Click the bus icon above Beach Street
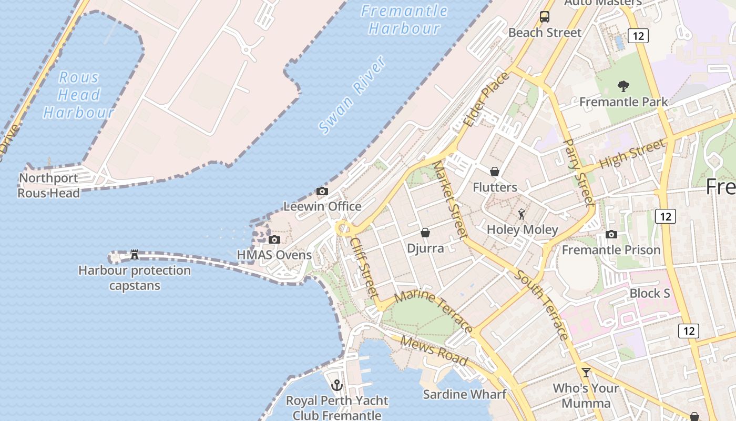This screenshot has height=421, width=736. click(545, 17)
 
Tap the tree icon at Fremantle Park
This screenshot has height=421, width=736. click(623, 86)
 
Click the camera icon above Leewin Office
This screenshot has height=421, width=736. click(322, 191)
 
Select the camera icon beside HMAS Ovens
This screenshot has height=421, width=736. click(274, 240)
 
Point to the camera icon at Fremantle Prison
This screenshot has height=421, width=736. click(611, 234)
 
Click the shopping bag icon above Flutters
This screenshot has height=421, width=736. click(495, 172)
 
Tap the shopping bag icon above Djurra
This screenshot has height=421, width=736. click(425, 232)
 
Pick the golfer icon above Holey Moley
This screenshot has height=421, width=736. click(522, 214)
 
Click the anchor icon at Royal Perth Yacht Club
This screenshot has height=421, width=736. click(337, 385)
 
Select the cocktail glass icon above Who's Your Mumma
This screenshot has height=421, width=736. click(586, 373)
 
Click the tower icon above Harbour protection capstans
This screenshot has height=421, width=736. click(134, 255)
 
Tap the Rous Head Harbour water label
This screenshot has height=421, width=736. click(79, 95)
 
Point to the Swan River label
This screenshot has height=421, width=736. click(352, 95)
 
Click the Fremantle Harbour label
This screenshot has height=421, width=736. click(404, 19)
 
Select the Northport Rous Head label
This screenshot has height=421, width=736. click(49, 186)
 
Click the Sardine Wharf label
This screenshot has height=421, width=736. click(465, 394)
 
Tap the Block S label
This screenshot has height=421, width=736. click(650, 293)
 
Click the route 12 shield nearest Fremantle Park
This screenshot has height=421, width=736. click(638, 36)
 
